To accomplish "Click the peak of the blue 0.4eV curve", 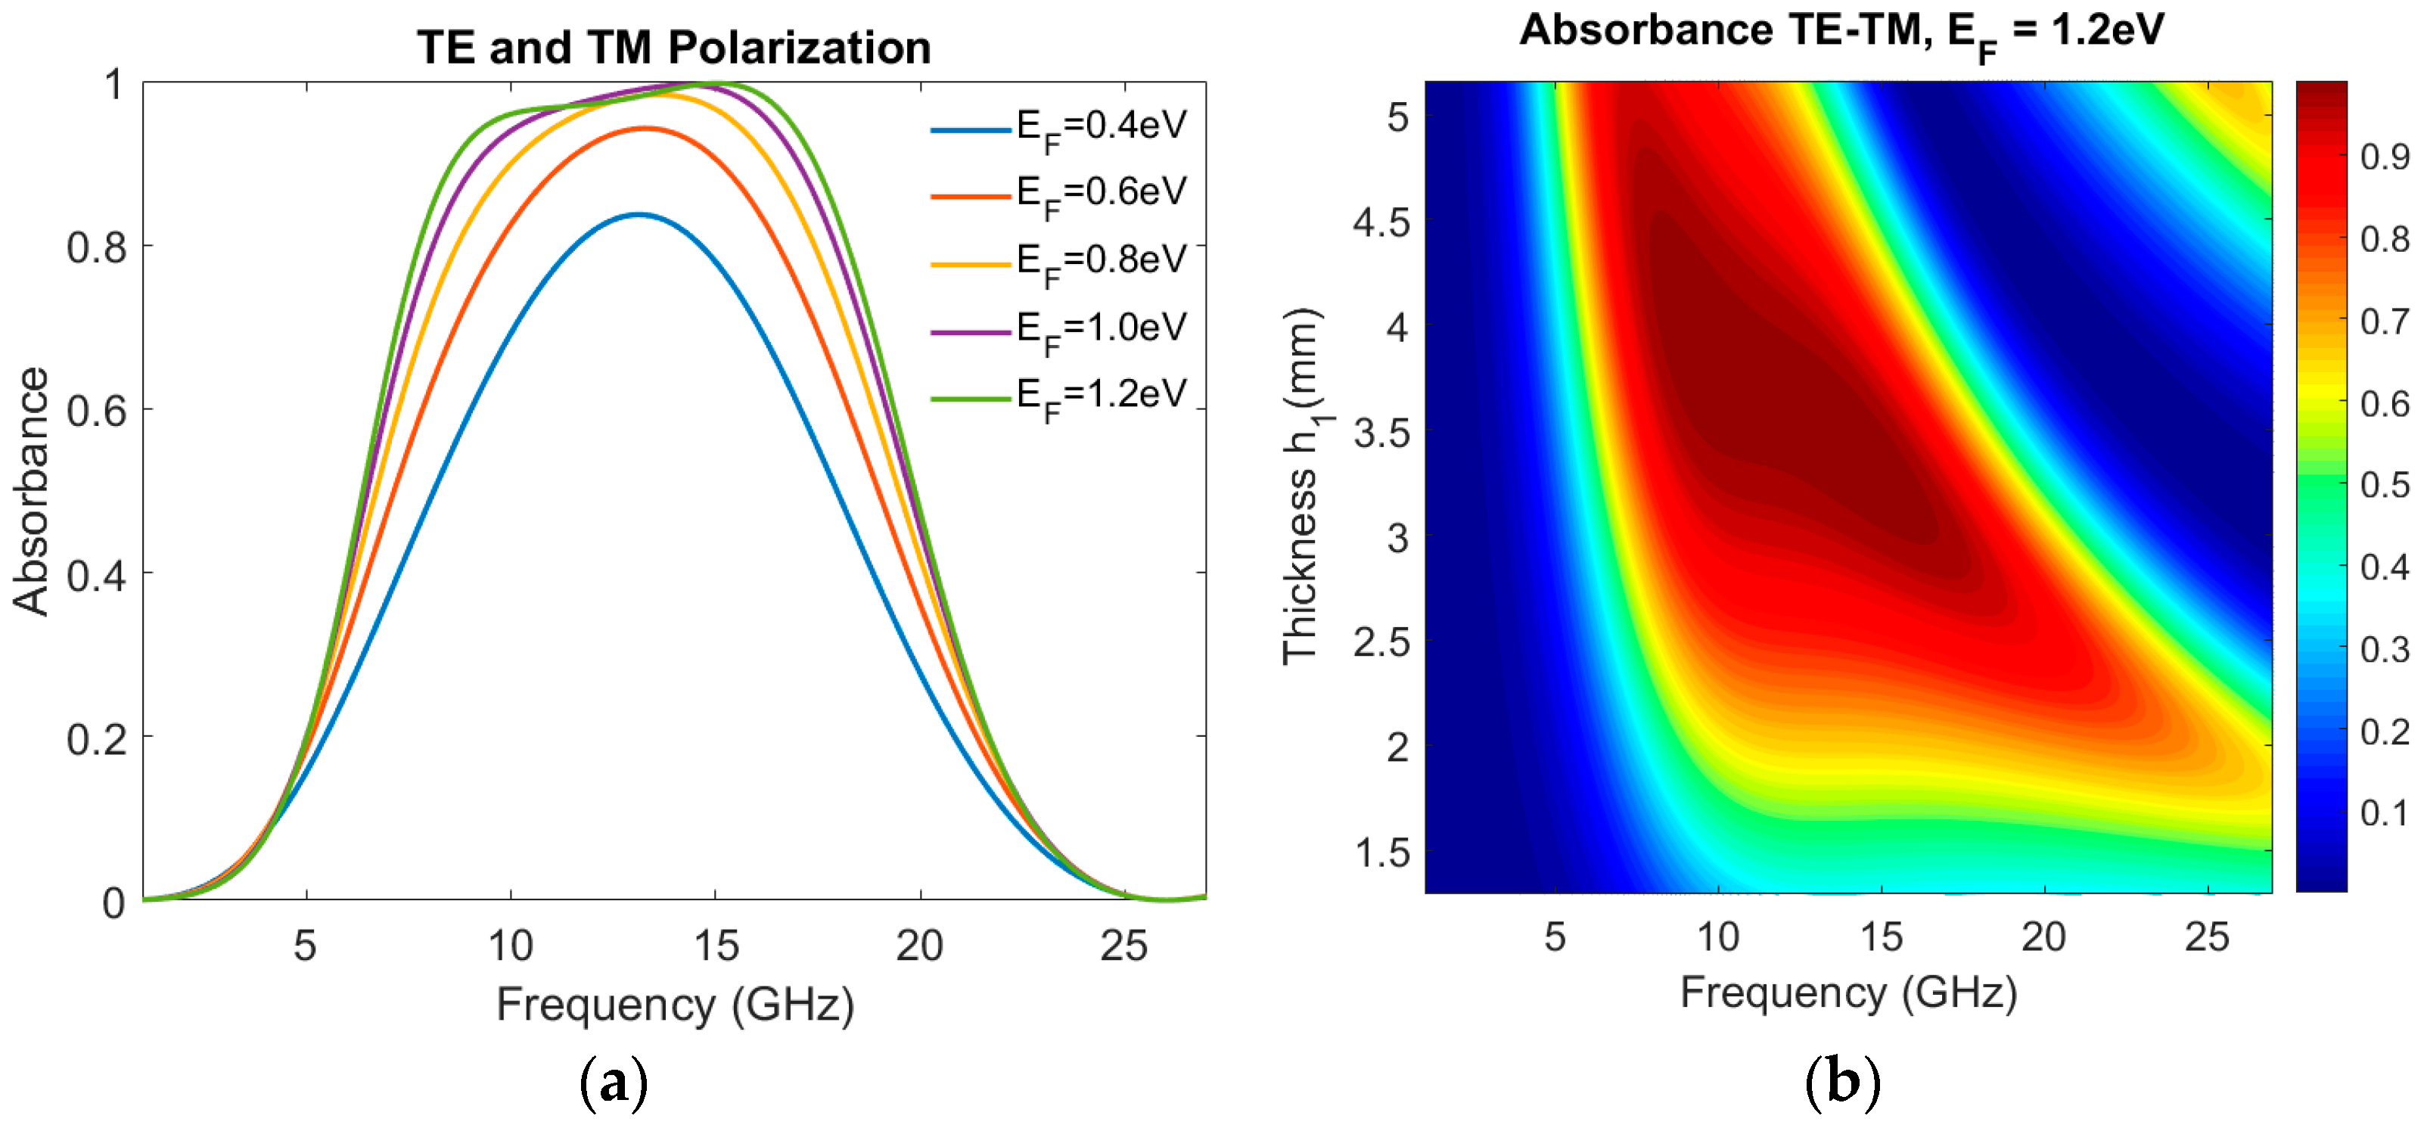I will point(639,215).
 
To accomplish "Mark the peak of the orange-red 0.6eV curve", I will point(645,128).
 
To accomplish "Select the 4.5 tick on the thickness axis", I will point(1381,223).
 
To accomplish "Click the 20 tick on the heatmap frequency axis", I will point(2043,937).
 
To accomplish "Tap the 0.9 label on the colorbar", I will point(2385,157).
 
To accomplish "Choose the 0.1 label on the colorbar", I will point(2385,813).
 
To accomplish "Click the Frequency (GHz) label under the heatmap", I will point(1848,993).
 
